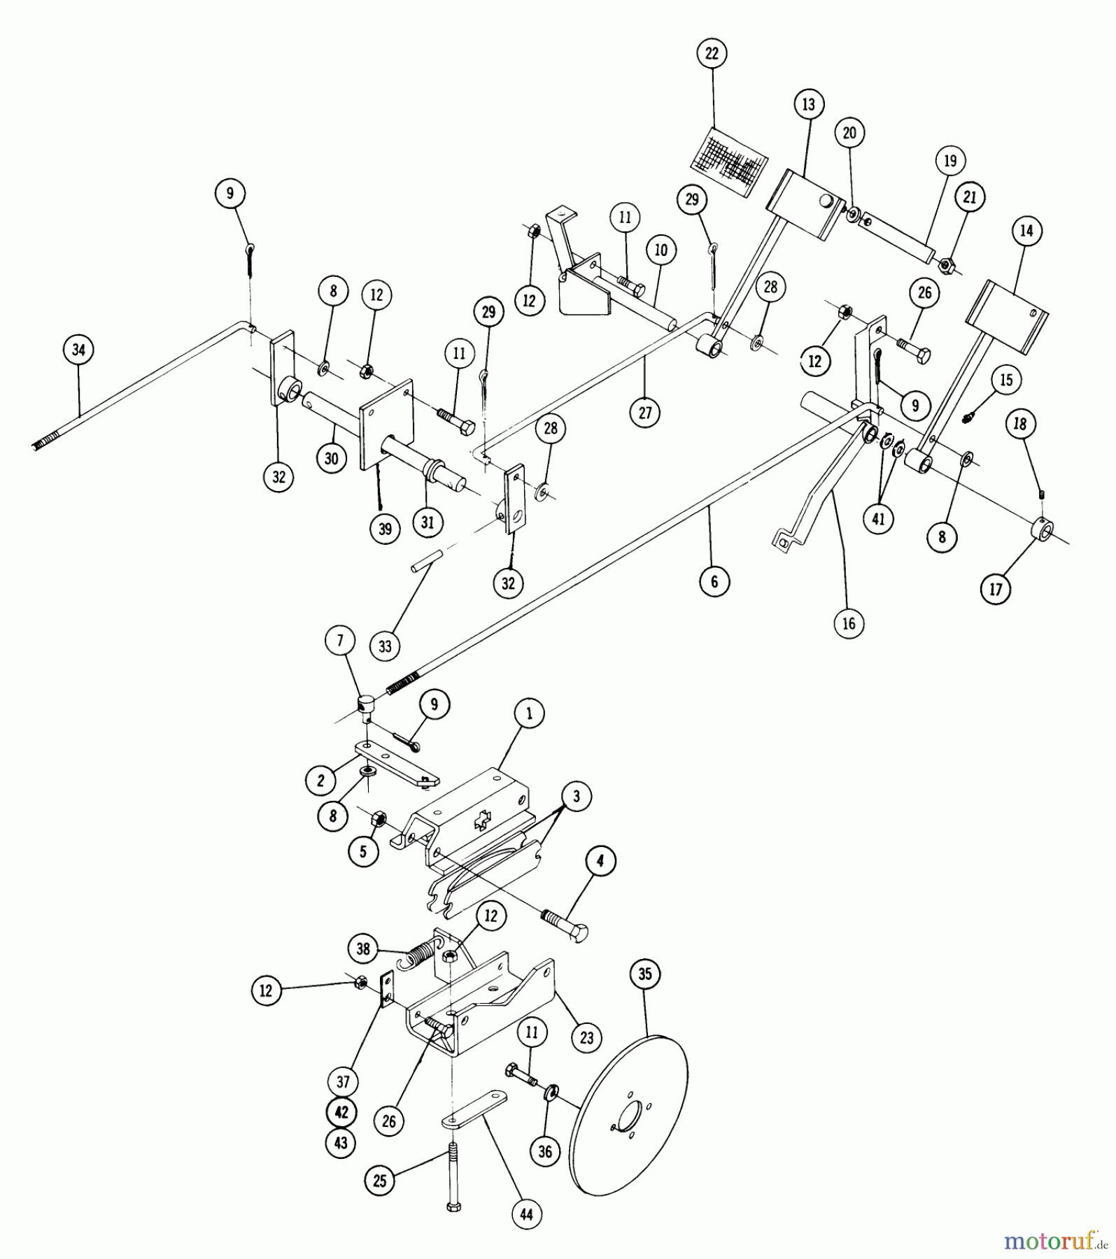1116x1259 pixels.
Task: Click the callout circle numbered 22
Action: (x=712, y=54)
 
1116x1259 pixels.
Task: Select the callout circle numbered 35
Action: (x=645, y=974)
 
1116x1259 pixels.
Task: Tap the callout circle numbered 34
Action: (x=78, y=350)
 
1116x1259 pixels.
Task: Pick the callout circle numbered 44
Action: (x=526, y=1214)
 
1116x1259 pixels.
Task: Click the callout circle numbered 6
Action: (x=714, y=581)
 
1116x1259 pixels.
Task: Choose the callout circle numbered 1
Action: (x=529, y=714)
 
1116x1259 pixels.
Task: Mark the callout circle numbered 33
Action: (x=386, y=646)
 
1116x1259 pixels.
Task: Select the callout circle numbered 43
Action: (x=340, y=1142)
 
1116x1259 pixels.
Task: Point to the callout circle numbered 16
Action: (x=849, y=623)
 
